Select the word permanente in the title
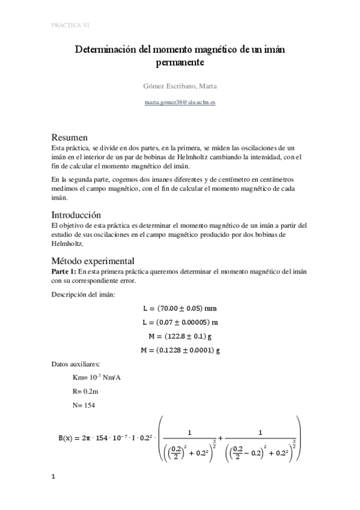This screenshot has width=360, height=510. (x=180, y=63)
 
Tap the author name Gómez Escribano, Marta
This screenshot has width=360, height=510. (x=180, y=85)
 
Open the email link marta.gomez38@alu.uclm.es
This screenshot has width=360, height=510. (x=180, y=103)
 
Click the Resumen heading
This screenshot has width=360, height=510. (x=70, y=137)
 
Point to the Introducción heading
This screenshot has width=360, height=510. (x=76, y=215)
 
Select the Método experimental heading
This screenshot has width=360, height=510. (x=92, y=262)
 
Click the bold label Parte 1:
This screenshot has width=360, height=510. (x=64, y=272)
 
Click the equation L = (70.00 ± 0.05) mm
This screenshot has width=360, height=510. (x=180, y=308)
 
